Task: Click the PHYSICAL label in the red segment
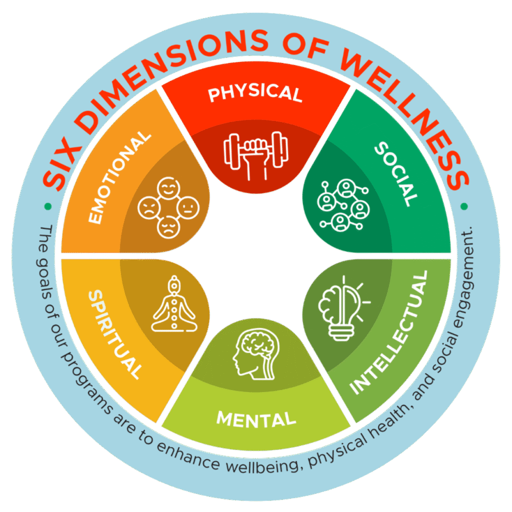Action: point(255,93)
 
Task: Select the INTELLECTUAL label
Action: point(389,333)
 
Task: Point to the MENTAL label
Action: point(256,418)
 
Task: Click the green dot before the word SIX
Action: point(47,206)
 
